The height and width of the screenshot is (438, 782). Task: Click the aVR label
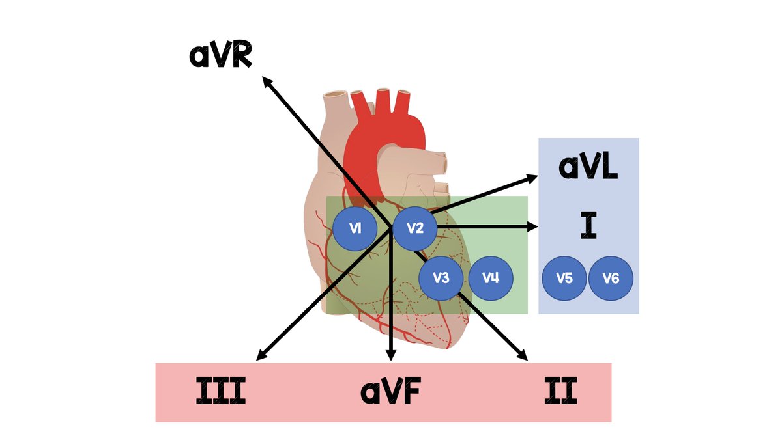221,56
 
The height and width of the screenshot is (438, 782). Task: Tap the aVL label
588,167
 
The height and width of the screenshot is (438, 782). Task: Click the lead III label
221,392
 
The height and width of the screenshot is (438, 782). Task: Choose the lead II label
561,392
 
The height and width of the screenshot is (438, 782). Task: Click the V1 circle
355,228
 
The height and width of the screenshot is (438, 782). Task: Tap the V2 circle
414,228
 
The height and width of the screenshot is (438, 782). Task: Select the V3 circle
441,278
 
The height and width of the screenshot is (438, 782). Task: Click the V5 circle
564,279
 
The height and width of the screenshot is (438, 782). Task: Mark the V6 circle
611,279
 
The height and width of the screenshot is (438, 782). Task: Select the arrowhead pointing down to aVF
391,355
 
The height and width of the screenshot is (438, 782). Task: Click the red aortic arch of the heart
384,130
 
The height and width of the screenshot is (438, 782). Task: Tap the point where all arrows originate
390,227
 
